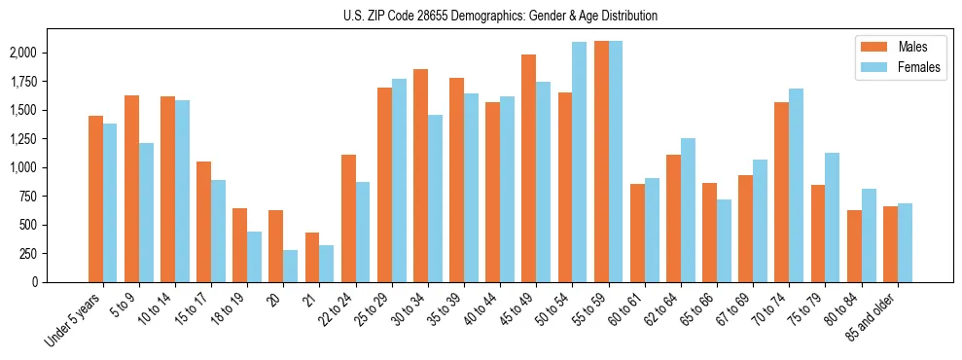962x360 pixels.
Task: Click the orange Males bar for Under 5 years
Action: [x=95, y=198]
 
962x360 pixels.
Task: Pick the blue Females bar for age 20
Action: [x=291, y=266]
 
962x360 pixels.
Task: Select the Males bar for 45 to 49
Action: [x=528, y=168]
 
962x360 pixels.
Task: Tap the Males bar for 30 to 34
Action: [x=420, y=175]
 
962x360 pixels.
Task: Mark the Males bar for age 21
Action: [x=312, y=257]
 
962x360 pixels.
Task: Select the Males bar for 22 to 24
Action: [x=348, y=218]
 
